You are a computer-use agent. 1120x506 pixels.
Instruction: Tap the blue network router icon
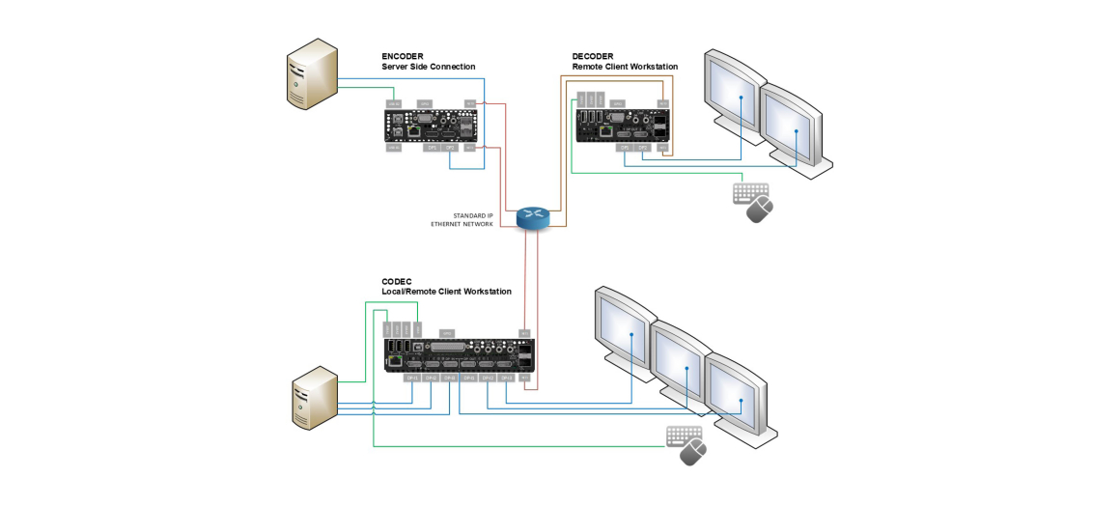[533, 218]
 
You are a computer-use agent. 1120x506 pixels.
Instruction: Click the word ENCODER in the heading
[403, 57]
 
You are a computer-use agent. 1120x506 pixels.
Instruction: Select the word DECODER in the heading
[592, 57]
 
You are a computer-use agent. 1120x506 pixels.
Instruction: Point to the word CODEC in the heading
[396, 282]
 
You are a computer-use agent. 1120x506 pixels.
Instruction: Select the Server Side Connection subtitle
[428, 67]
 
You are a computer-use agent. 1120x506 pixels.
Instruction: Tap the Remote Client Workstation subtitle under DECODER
[625, 67]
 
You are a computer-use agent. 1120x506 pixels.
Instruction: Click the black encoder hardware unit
[431, 126]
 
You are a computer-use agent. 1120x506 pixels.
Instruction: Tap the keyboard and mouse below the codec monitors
[686, 444]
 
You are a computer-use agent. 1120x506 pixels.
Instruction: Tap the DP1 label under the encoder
[432, 148]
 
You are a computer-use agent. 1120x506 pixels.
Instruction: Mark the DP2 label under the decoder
[642, 148]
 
